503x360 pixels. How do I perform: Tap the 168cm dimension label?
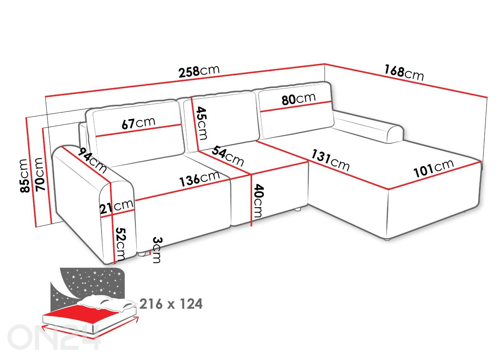[404, 73]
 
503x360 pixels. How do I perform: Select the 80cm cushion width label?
[298, 99]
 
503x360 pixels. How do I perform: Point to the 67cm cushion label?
[138, 123]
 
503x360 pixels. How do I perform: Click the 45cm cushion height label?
[202, 123]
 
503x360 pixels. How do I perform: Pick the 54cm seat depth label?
[228, 156]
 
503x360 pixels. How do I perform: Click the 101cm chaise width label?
[434, 168]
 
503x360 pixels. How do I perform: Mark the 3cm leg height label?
[156, 250]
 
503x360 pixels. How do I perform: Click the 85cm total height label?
[24, 175]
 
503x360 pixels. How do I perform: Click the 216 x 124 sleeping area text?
[171, 304]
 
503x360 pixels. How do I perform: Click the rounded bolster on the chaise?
[371, 127]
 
